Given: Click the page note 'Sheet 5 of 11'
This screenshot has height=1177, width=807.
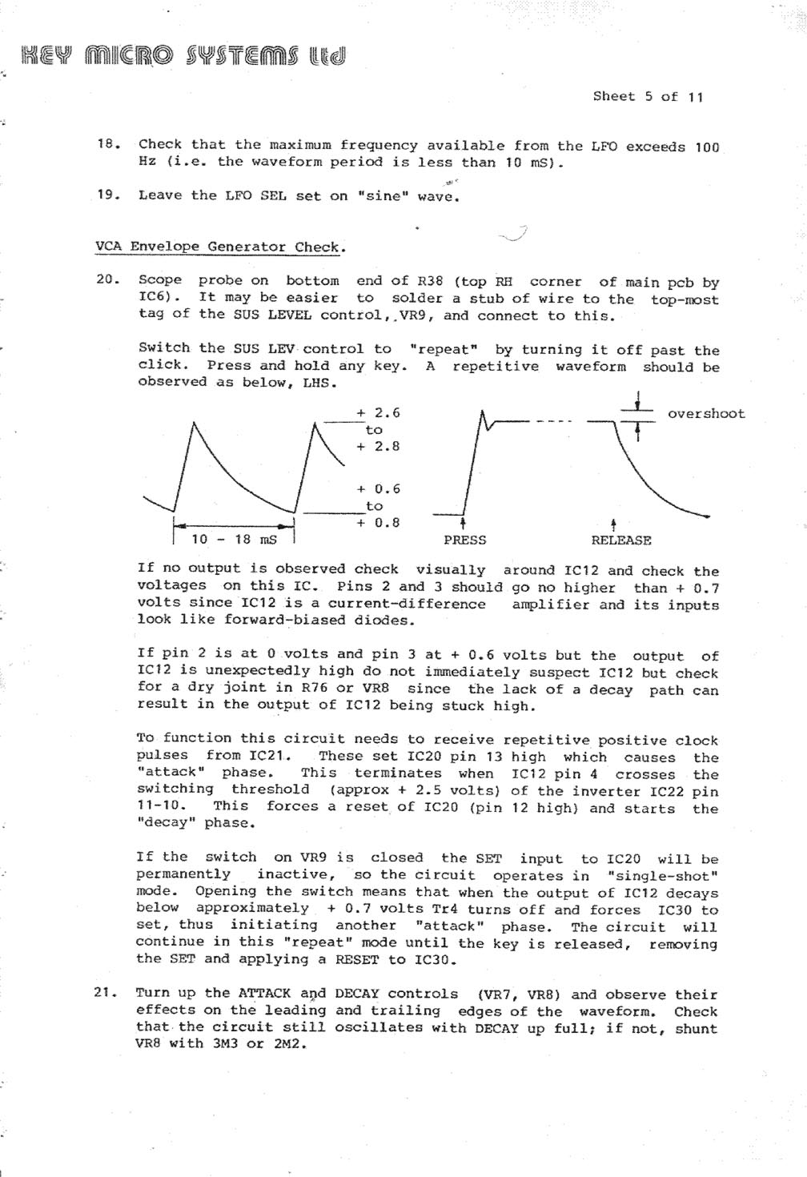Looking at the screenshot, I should tap(648, 97).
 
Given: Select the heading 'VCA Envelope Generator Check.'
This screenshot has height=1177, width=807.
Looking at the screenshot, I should tap(221, 247).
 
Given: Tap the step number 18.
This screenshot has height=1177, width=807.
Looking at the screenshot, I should tap(107, 144).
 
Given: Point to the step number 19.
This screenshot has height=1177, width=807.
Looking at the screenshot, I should tap(107, 195).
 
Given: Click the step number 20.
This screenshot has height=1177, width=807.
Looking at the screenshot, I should tap(107, 280).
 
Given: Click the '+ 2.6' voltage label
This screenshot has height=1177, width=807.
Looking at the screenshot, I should tap(378, 413).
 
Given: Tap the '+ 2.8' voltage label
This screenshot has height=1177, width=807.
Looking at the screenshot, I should tap(378, 446).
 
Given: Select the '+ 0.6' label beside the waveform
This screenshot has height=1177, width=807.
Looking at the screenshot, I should tap(378, 488).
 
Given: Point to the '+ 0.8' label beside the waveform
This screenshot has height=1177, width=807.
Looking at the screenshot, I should tap(378, 523).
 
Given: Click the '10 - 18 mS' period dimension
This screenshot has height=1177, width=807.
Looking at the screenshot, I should tap(234, 539).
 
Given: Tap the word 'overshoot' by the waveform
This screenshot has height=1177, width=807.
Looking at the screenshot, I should tap(706, 414).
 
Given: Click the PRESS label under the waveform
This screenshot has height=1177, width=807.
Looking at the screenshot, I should tap(465, 540).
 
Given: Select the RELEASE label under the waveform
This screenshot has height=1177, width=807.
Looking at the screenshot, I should tap(621, 540).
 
